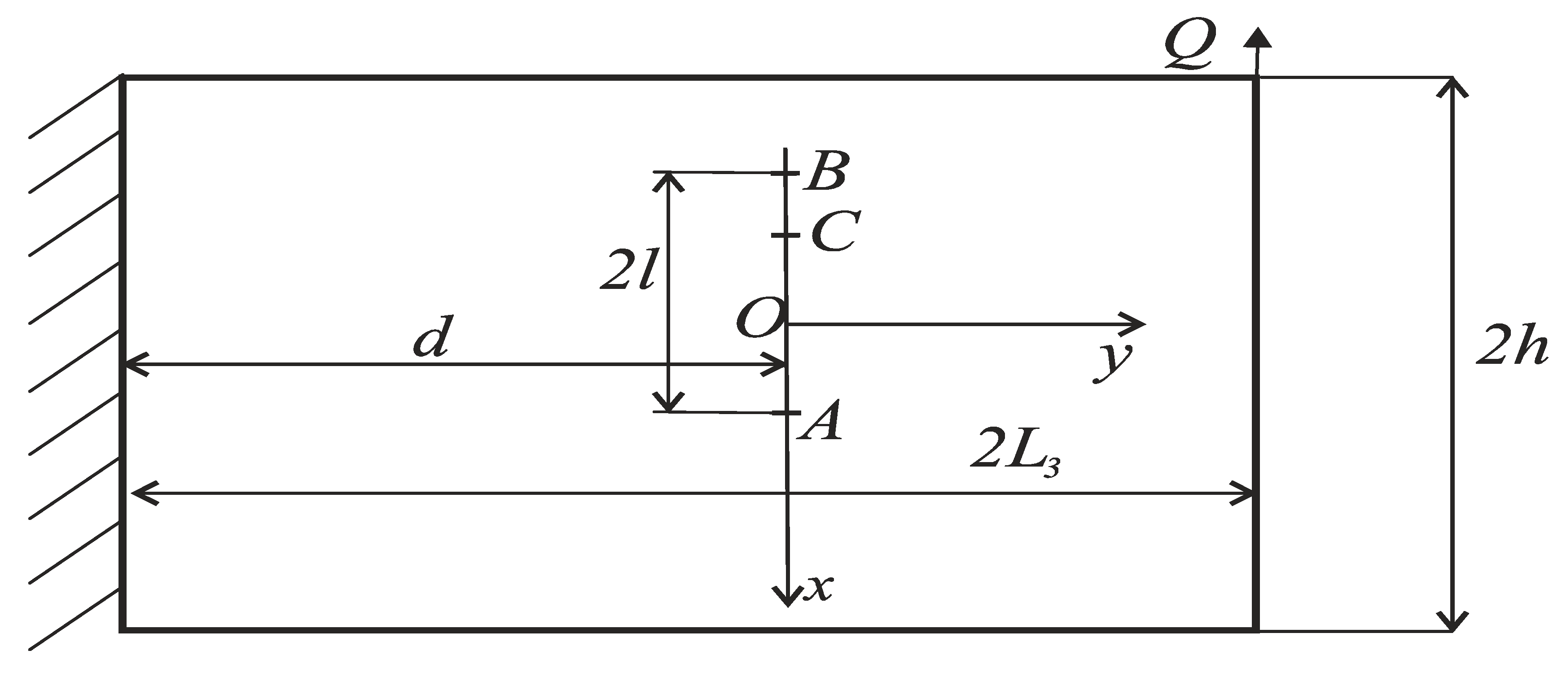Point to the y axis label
(x=1113, y=362)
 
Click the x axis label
(x=819, y=587)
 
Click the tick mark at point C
(x=786, y=235)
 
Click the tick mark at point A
(x=787, y=413)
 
